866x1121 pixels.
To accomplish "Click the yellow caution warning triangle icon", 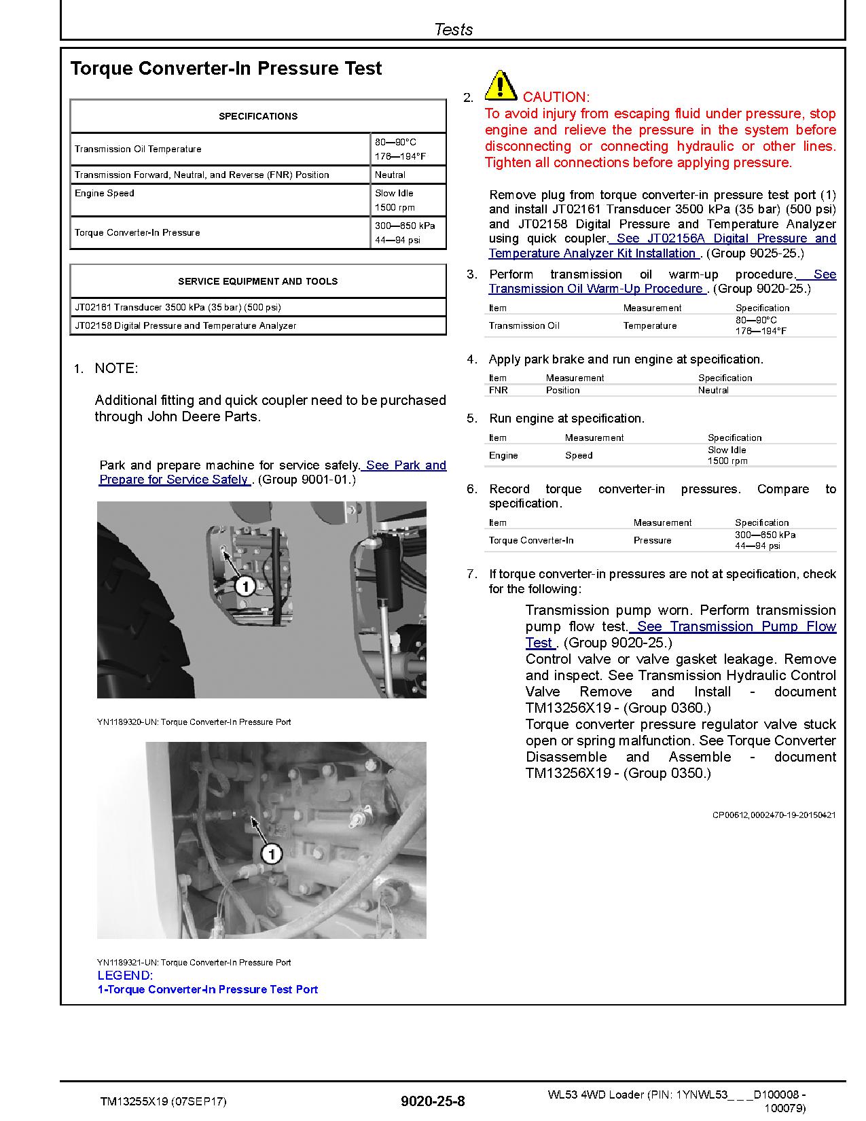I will tap(500, 86).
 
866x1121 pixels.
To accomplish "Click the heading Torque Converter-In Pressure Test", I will tap(226, 69).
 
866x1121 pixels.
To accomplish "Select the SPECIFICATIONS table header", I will tap(258, 116).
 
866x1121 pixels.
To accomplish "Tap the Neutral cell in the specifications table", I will tap(390, 175).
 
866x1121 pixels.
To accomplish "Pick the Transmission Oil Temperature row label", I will tap(138, 149).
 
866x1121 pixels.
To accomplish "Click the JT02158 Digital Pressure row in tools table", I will tap(185, 325).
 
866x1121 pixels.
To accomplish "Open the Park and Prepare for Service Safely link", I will tap(272, 473).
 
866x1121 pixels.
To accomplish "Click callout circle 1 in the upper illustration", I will tap(245, 585).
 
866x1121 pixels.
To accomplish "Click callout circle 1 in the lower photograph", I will tap(271, 853).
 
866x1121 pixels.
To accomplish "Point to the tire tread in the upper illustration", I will tap(136, 611).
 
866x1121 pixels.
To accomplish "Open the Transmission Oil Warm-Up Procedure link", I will tap(596, 288).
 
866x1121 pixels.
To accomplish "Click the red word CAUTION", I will tap(556, 97).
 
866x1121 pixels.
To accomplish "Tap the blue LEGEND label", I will tap(125, 975).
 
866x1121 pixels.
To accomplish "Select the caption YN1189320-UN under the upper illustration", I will tap(194, 722).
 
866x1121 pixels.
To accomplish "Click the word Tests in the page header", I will tap(453, 29).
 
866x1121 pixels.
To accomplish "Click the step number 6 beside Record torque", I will tap(471, 489).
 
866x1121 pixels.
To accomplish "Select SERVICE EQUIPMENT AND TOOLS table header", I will tap(258, 281).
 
